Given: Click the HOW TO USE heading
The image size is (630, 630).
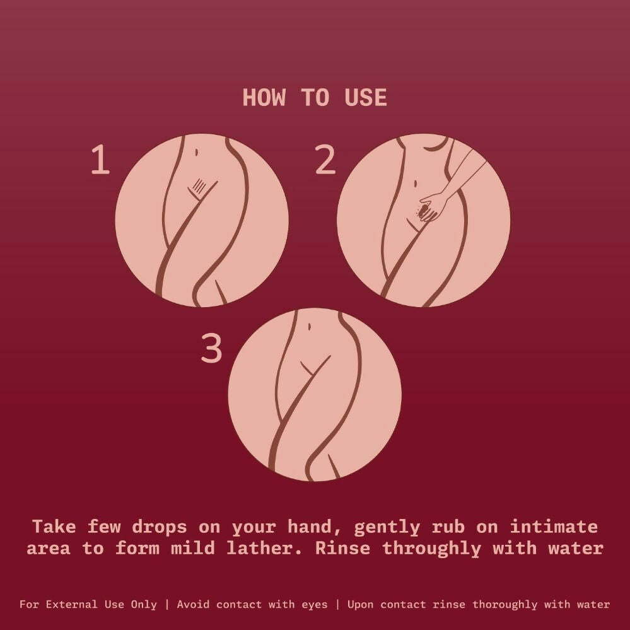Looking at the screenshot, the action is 315,98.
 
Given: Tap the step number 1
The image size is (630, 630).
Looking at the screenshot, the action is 100,160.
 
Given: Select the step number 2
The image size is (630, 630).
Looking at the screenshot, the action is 325,160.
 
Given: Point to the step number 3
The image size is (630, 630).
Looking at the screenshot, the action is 211,349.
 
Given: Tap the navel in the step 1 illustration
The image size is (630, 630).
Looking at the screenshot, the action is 196,152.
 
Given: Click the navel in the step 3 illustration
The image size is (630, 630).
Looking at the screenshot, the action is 309,326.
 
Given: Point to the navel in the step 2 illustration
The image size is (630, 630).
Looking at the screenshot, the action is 415,184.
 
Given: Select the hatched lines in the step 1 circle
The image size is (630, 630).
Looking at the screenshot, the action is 199,185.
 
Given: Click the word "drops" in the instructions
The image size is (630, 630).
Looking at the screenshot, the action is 159,527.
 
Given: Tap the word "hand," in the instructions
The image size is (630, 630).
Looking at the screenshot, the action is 314,527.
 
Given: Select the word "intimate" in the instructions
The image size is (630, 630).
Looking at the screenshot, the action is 553,527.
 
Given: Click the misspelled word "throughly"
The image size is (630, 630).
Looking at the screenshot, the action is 431,549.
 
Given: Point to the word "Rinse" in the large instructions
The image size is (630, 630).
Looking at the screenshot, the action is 342,548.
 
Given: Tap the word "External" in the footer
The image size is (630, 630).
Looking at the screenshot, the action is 71,604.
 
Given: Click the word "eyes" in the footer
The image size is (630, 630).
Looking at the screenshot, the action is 315,605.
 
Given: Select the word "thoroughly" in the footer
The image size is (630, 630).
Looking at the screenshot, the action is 505,605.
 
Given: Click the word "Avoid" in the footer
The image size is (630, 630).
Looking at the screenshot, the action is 193,604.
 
